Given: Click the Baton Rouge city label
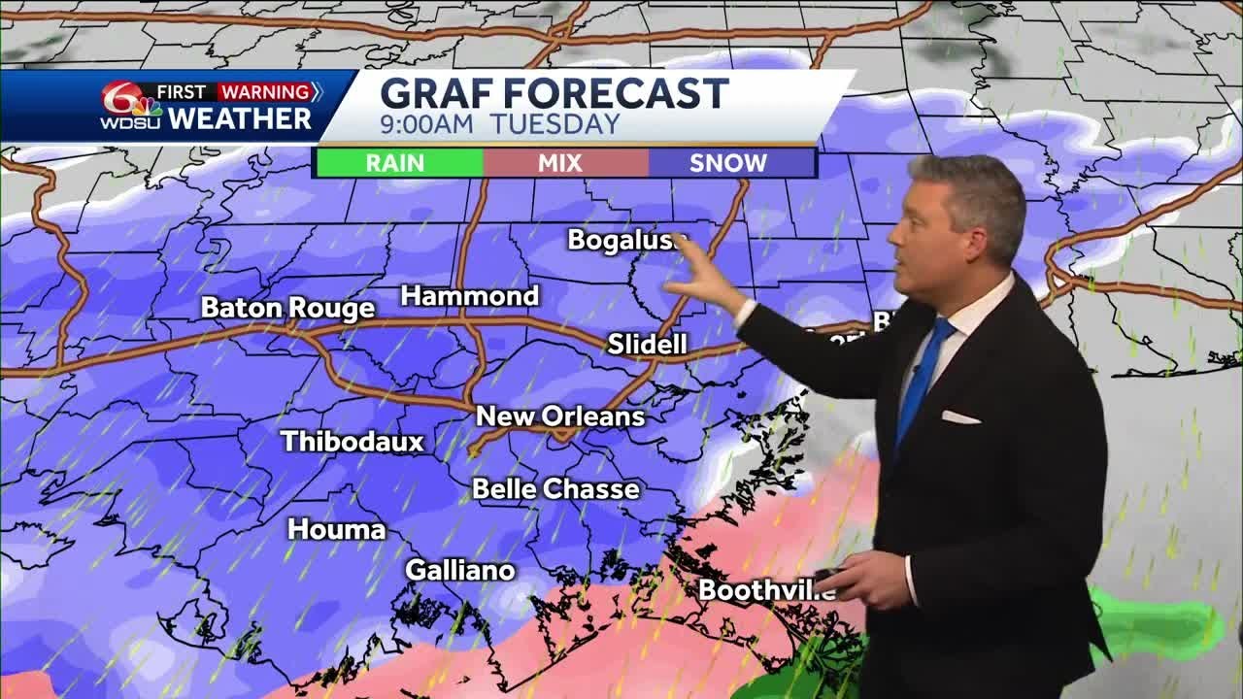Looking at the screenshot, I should (x=287, y=309).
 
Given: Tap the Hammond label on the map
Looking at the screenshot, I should (x=470, y=296).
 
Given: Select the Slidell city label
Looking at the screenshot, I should (x=647, y=344).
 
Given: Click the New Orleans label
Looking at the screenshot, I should (x=560, y=416).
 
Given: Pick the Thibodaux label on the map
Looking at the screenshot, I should (x=353, y=442).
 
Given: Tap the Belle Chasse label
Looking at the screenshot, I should (x=555, y=488).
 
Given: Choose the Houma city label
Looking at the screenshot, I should (x=337, y=529).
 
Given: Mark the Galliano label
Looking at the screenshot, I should (x=459, y=570).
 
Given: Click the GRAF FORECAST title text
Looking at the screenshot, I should (x=554, y=93).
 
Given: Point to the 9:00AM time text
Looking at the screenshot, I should (x=426, y=124).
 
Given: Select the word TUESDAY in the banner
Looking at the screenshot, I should (x=554, y=124).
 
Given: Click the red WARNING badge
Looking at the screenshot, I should (x=267, y=92).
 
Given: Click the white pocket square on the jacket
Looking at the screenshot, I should (x=959, y=416).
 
